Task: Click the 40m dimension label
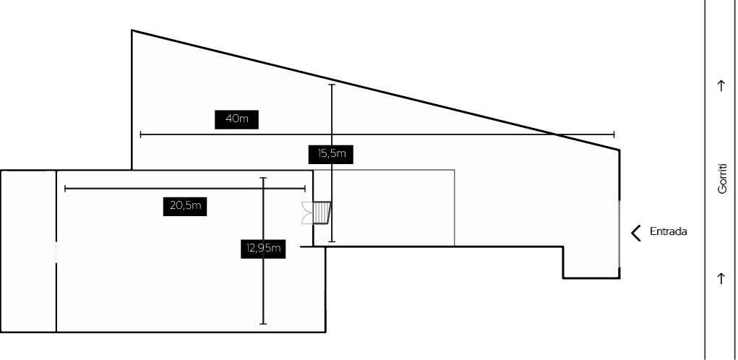point(236,119)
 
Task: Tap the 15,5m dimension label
point(332,153)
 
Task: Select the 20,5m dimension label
point(185,205)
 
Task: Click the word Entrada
point(668,232)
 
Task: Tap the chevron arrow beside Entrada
point(636,232)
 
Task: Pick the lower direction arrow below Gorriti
point(721,278)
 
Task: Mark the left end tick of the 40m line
point(140,134)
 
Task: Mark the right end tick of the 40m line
point(614,134)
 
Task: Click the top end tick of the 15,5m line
point(332,85)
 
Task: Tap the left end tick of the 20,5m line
point(65,189)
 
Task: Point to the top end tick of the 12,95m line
point(263,177)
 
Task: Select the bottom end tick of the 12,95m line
point(263,323)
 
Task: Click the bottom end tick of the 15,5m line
point(332,241)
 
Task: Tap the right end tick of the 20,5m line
point(305,189)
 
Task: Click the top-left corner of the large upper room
point(132,30)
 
